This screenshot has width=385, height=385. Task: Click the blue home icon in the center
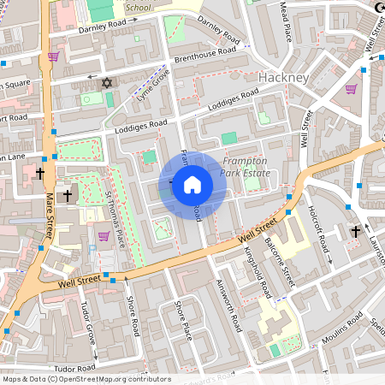(x=192, y=185)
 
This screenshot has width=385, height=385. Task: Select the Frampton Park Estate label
(x=246, y=167)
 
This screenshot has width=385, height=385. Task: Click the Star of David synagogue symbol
(x=107, y=83)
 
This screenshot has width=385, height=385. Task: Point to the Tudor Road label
(x=73, y=368)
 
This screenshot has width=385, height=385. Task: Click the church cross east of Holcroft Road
(x=356, y=231)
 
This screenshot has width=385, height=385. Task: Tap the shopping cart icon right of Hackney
(x=351, y=88)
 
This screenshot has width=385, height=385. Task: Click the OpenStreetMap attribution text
(x=86, y=379)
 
